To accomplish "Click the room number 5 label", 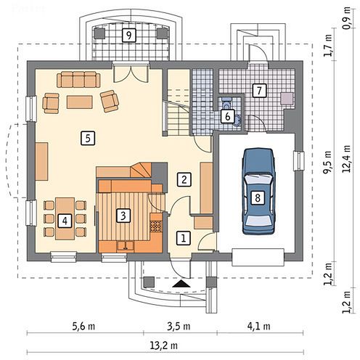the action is [88, 138].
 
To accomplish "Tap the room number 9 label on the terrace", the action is [128, 36].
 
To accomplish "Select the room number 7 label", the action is [259, 91].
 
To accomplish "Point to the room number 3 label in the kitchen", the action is [123, 216].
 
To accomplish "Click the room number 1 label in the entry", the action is [184, 239].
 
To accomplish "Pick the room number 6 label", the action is [227, 116].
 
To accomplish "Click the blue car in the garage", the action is [258, 192].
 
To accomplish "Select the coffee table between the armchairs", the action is [80, 102].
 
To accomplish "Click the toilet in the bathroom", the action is [226, 104].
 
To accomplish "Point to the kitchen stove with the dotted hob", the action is [156, 226].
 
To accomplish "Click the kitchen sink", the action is [126, 245].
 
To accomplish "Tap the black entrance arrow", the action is [181, 284].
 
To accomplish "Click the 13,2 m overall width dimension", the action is [164, 345].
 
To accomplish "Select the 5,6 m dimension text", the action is [83, 327].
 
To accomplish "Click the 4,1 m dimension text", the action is [258, 327].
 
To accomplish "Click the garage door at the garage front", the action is [258, 257].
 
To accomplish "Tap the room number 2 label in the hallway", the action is [184, 179].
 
